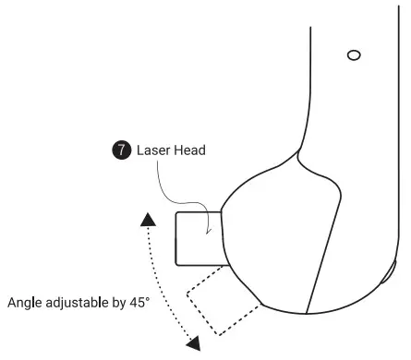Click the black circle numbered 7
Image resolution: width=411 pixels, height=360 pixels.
coord(120,150)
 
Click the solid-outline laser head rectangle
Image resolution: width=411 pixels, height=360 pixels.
coord(197,235)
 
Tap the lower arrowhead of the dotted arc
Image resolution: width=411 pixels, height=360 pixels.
coord(194,343)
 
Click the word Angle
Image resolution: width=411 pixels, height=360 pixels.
coord(24,303)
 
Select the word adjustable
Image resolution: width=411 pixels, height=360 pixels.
coord(77,303)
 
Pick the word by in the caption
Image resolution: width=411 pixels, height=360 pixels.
coord(119,303)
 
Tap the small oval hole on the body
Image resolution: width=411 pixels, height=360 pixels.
coord(353,55)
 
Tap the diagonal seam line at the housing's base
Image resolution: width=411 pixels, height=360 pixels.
coord(319,277)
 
